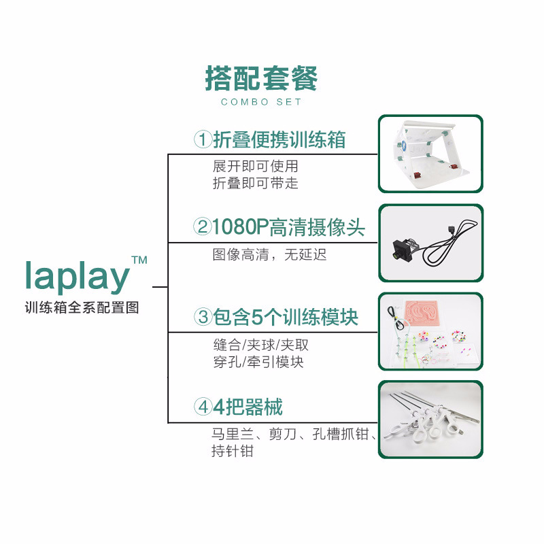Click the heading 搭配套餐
click(x=261, y=79)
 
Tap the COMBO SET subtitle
click(x=261, y=102)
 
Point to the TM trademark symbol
click(x=139, y=260)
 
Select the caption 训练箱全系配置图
click(x=82, y=307)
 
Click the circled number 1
click(x=202, y=140)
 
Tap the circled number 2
click(x=202, y=226)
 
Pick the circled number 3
click(x=203, y=317)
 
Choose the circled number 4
click(x=203, y=407)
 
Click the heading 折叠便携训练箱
click(x=279, y=140)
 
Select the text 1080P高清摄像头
click(x=288, y=226)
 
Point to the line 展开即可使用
click(x=255, y=166)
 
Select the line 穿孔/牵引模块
click(x=258, y=362)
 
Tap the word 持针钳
click(x=232, y=451)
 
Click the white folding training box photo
click(x=430, y=153)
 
